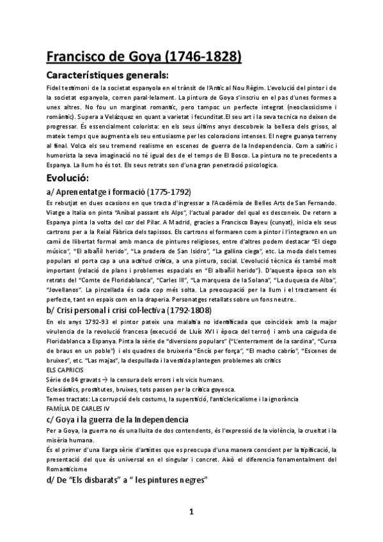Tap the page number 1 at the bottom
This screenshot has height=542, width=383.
191,511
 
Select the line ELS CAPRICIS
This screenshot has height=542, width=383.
64,370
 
